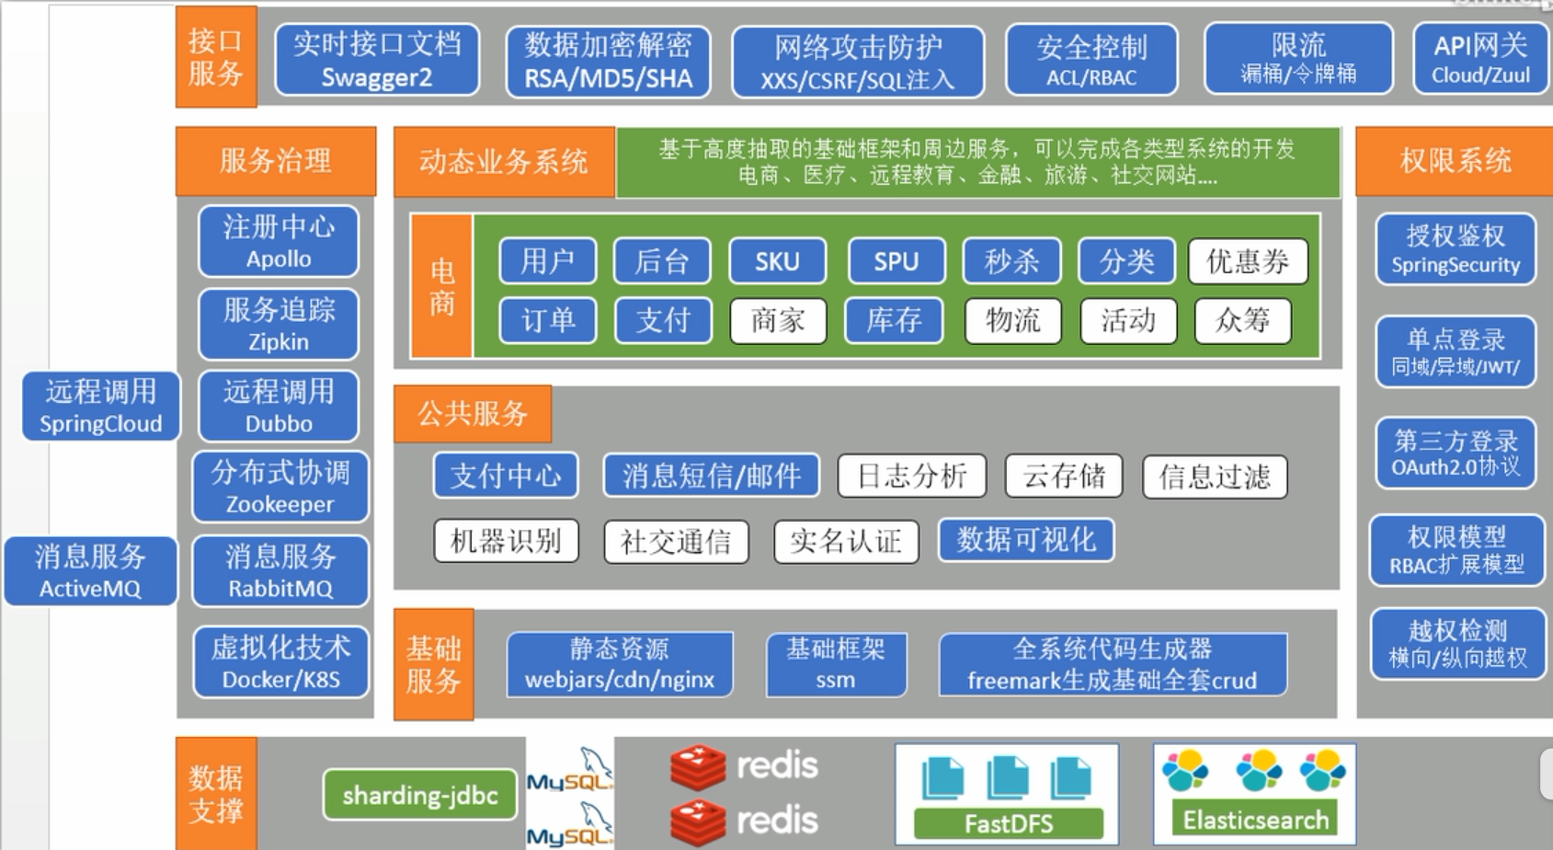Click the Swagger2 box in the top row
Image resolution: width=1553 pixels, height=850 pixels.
pyautogui.click(x=377, y=60)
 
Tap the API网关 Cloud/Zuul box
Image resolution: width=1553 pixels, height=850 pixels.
pyautogui.click(x=1480, y=60)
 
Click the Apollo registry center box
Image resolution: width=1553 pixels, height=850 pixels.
pyautogui.click(x=279, y=241)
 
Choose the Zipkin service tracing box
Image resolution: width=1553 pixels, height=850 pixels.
pyautogui.click(x=279, y=324)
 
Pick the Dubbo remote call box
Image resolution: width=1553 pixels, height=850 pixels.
pyautogui.click(x=279, y=407)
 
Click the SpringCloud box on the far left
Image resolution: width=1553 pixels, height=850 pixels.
pyautogui.click(x=100, y=407)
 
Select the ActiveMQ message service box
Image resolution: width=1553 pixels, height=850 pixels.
pyautogui.click(x=90, y=571)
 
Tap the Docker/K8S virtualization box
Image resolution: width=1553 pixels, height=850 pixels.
pyautogui.click(x=280, y=662)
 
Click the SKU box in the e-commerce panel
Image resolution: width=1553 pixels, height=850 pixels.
pyautogui.click(x=777, y=261)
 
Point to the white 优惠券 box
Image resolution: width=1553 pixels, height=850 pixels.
pyautogui.click(x=1247, y=261)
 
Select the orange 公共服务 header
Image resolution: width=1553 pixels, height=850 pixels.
pyautogui.click(x=473, y=414)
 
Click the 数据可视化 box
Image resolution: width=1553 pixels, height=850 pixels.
pyautogui.click(x=1026, y=540)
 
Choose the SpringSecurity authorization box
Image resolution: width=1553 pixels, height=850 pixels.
pyautogui.click(x=1456, y=249)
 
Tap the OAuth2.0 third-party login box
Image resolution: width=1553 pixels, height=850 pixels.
pyautogui.click(x=1456, y=453)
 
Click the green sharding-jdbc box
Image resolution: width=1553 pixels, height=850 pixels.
pyautogui.click(x=420, y=795)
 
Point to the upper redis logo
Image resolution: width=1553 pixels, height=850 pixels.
pyautogui.click(x=744, y=766)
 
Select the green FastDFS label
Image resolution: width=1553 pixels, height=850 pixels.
pyautogui.click(x=1009, y=823)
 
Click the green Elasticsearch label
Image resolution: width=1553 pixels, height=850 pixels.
pyautogui.click(x=1255, y=819)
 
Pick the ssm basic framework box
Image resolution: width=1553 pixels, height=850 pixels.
pyautogui.click(x=836, y=663)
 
